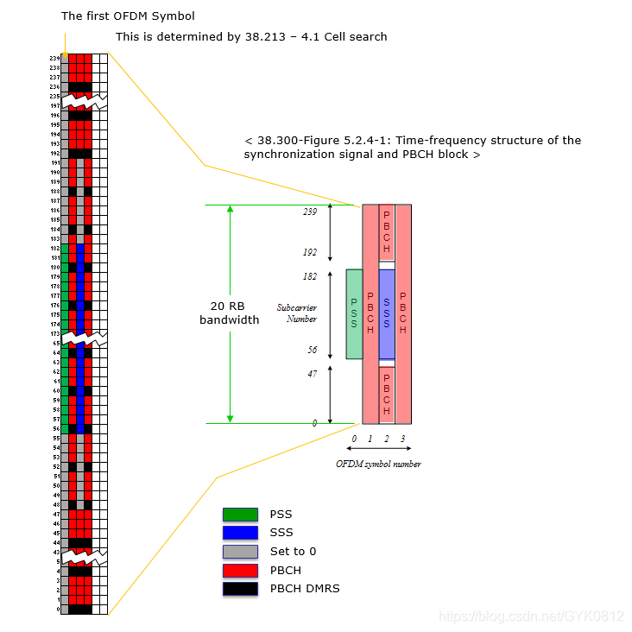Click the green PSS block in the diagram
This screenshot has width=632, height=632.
(x=354, y=313)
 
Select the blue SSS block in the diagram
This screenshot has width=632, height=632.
(x=387, y=314)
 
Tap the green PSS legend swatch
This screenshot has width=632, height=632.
(x=241, y=515)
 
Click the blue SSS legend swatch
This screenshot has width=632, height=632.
(x=241, y=533)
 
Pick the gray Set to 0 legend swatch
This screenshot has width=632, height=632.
(x=241, y=552)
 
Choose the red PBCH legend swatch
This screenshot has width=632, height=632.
(x=241, y=571)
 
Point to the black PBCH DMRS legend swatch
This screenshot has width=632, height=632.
(x=241, y=589)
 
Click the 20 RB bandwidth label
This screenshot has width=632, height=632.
(x=229, y=313)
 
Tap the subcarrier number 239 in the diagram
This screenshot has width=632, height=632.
(x=310, y=212)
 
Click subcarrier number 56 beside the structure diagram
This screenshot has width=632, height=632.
(x=311, y=351)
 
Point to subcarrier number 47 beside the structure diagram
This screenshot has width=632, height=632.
(x=311, y=374)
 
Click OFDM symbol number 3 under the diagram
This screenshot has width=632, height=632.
(x=402, y=439)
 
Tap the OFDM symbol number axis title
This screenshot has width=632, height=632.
(x=378, y=465)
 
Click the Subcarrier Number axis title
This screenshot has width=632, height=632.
(x=296, y=313)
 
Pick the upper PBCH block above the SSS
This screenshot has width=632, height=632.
(x=387, y=231)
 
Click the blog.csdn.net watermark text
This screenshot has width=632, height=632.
(x=530, y=616)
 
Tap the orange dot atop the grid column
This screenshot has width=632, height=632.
(x=65, y=55)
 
